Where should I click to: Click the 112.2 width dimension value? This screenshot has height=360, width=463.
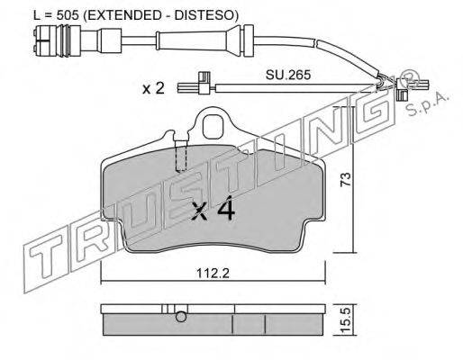[213, 273]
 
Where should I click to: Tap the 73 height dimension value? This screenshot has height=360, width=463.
[346, 179]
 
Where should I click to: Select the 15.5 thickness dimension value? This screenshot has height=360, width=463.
[346, 319]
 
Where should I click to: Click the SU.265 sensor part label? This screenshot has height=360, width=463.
[288, 75]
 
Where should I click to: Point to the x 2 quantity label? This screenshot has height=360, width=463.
[153, 88]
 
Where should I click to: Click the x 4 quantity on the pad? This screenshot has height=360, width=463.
[213, 208]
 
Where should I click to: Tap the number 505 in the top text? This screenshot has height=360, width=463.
[68, 15]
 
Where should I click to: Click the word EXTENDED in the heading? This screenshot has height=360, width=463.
[124, 15]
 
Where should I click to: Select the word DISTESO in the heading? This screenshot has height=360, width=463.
[204, 15]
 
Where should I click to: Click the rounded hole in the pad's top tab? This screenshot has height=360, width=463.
[213, 127]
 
